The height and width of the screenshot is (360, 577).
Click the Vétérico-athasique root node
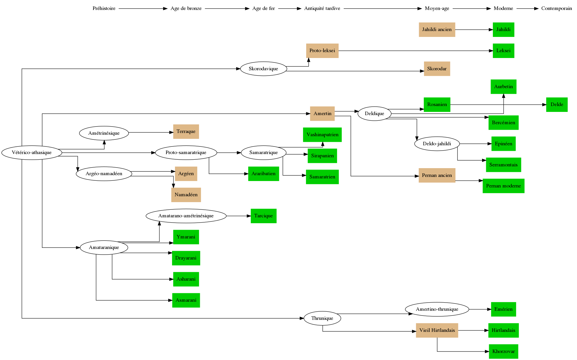coord(32,153)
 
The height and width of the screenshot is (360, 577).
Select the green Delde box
coord(556,105)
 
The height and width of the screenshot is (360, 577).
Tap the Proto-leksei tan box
coord(322,51)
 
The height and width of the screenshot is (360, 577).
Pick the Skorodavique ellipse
coord(263,69)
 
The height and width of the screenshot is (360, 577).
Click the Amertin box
coord(322,114)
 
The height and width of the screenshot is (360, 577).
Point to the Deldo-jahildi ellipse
coord(437,144)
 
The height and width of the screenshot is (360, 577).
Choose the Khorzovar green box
coord(503,352)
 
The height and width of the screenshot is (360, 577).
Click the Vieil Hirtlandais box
coord(437,330)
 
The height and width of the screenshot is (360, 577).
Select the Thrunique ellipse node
coord(322,318)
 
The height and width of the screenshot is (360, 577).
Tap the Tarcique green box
coord(263,216)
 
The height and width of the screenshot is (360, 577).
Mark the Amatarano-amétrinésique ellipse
coord(186,216)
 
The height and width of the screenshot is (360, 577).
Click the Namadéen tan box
coord(186,195)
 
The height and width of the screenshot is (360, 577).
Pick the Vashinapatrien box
coord(322,135)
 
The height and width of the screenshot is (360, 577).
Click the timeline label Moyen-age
coord(437,8)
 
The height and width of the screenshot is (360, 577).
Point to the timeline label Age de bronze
coord(186,8)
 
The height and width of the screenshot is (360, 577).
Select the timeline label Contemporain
coord(556,8)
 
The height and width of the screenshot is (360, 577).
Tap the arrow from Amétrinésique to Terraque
coord(151,132)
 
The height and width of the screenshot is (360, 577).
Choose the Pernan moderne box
coord(503,186)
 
